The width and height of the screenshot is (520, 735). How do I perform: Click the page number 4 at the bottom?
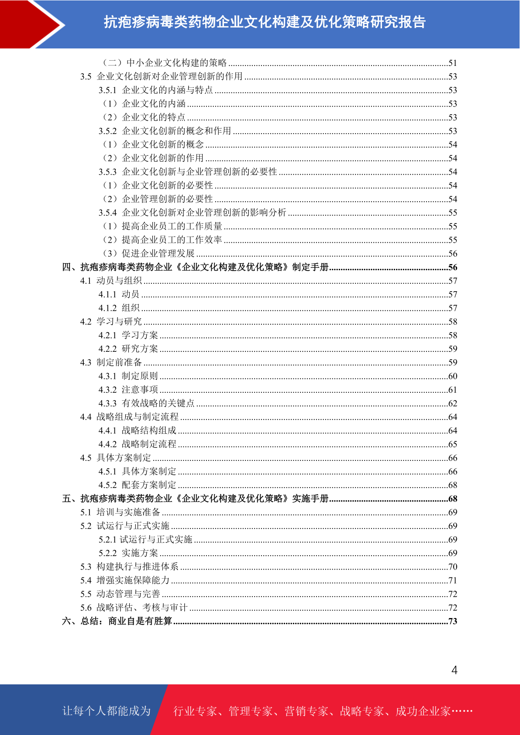[x=454, y=670]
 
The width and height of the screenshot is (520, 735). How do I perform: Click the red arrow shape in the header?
[x=31, y=24]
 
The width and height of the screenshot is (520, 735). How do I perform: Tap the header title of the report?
[x=265, y=22]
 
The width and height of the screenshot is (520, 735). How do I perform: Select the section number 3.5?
[x=86, y=77]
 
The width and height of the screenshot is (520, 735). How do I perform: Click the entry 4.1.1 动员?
[x=119, y=295]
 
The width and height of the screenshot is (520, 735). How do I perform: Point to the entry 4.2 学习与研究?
[x=111, y=322]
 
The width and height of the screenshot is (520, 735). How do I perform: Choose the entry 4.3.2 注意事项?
[x=128, y=390]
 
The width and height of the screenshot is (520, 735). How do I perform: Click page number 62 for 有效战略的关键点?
[x=453, y=404]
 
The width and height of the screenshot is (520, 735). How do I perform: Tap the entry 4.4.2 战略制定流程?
[x=138, y=444]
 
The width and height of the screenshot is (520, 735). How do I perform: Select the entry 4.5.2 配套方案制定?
[x=138, y=485]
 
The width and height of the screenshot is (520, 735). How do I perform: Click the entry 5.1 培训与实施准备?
[x=120, y=512]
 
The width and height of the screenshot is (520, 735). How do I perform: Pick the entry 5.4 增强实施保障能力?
[x=125, y=580]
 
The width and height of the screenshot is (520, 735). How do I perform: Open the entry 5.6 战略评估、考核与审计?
[x=134, y=608]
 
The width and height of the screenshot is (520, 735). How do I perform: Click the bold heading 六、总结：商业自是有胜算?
[x=117, y=621]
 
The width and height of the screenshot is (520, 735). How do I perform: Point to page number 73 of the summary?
[x=453, y=622]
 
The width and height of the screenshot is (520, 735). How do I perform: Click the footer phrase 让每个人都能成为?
[x=107, y=711]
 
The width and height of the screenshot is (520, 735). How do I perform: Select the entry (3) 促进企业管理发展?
[x=148, y=254]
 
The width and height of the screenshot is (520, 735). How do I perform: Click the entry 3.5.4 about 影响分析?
[x=192, y=213]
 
